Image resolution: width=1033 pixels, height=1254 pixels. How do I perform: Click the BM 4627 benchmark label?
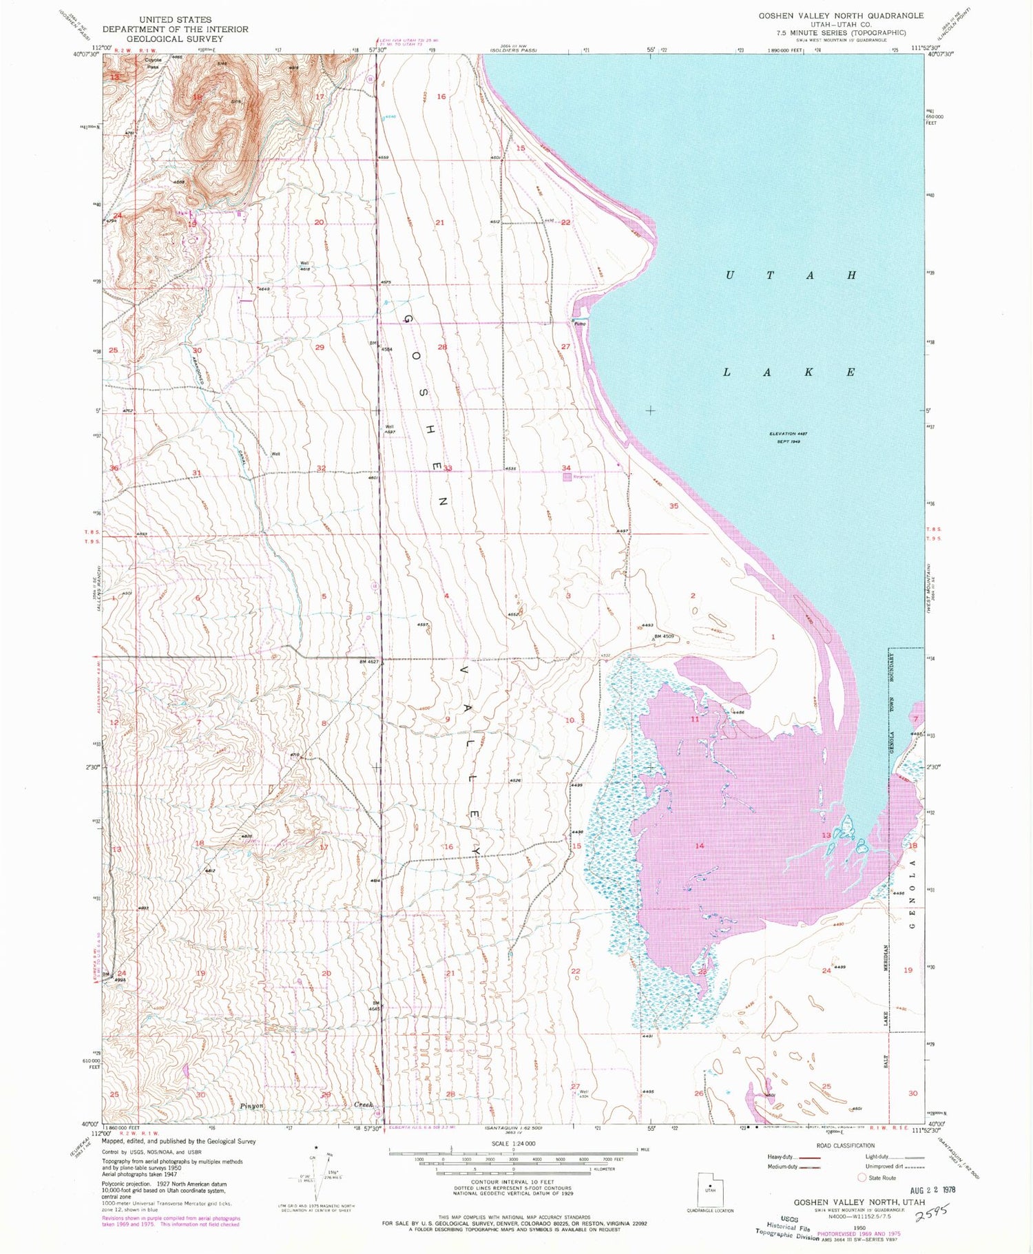[369, 662]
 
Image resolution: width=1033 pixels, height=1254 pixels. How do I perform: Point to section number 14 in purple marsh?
[700, 845]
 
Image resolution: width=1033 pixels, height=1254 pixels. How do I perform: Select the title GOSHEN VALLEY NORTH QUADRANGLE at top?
[841, 15]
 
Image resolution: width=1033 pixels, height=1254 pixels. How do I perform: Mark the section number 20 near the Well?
[319, 222]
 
